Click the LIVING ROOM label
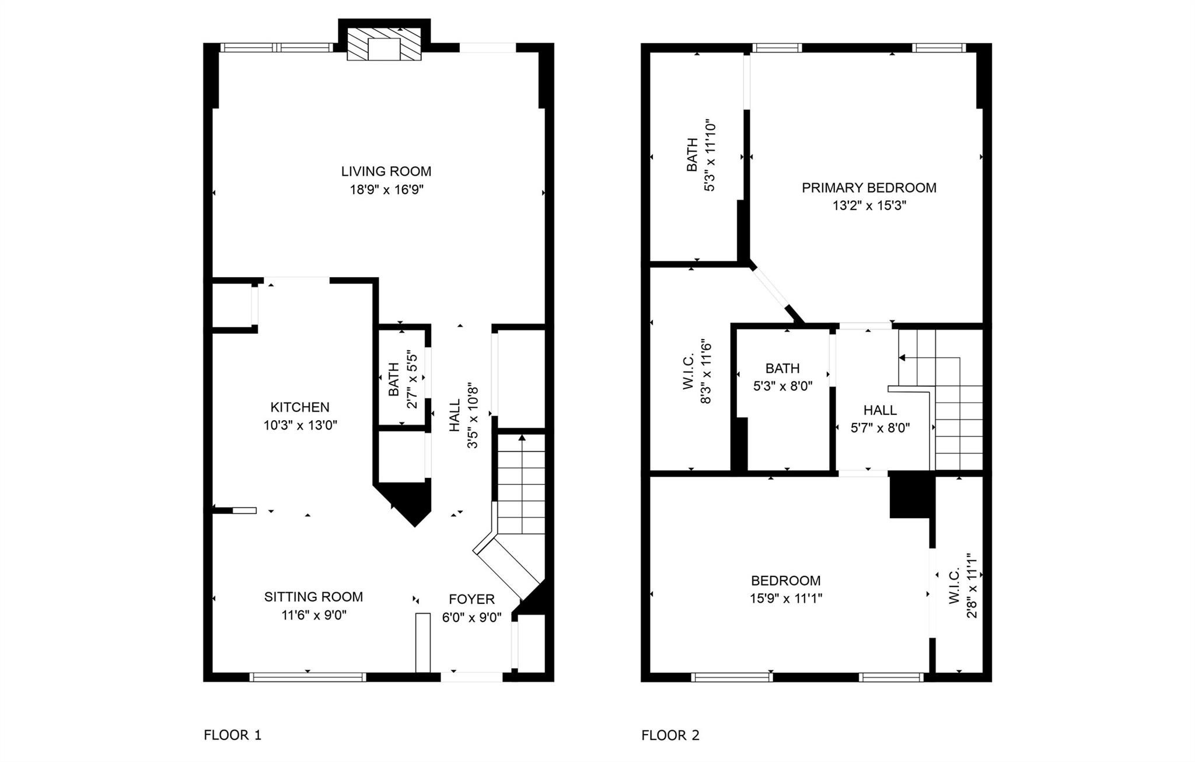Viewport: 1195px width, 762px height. tap(386, 172)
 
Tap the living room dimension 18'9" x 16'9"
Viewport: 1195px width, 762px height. tap(386, 190)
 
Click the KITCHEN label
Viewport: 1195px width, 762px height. tap(300, 407)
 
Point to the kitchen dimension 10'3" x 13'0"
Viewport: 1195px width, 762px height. tap(300, 425)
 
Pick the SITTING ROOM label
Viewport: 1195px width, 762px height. tap(313, 597)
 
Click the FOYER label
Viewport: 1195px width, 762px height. tap(471, 599)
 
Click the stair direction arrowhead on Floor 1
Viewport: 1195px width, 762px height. tap(522, 438)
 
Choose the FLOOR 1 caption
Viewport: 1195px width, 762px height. tap(232, 735)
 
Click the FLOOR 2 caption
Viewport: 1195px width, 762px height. tap(670, 735)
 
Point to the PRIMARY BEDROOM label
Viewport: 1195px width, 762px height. tap(869, 188)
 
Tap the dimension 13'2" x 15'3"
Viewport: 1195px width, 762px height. tap(869, 206)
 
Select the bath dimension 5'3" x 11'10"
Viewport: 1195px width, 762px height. tap(710, 156)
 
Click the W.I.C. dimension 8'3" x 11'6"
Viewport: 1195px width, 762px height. tap(706, 372)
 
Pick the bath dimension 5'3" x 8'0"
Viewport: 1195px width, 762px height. tap(782, 386)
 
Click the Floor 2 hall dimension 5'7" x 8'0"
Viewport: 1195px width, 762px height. tap(880, 428)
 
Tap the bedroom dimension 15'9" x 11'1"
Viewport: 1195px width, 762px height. tap(786, 599)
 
